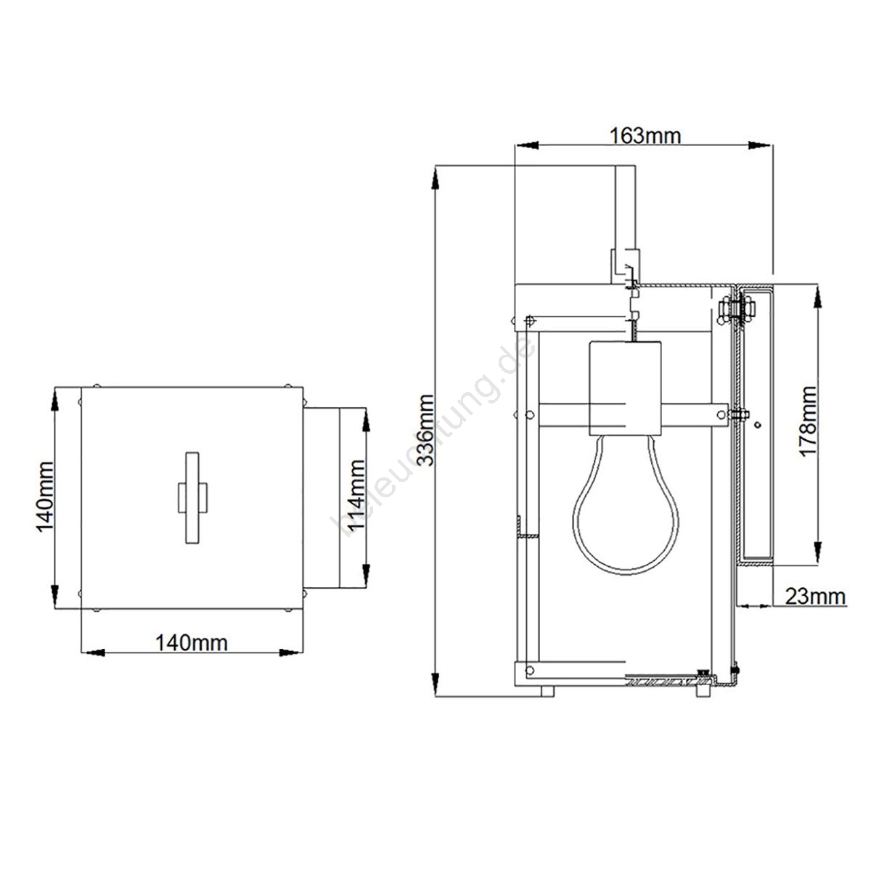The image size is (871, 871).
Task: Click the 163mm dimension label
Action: pos(645,136)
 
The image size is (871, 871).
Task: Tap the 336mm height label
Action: pos(426,430)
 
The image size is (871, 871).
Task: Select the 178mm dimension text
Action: pos(808,422)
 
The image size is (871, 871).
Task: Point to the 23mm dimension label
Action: pos(815,596)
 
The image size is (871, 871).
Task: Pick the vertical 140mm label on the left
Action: pos(45,497)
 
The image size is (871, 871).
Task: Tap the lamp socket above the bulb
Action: pos(625,388)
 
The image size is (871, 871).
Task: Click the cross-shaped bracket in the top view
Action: pos(192,497)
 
